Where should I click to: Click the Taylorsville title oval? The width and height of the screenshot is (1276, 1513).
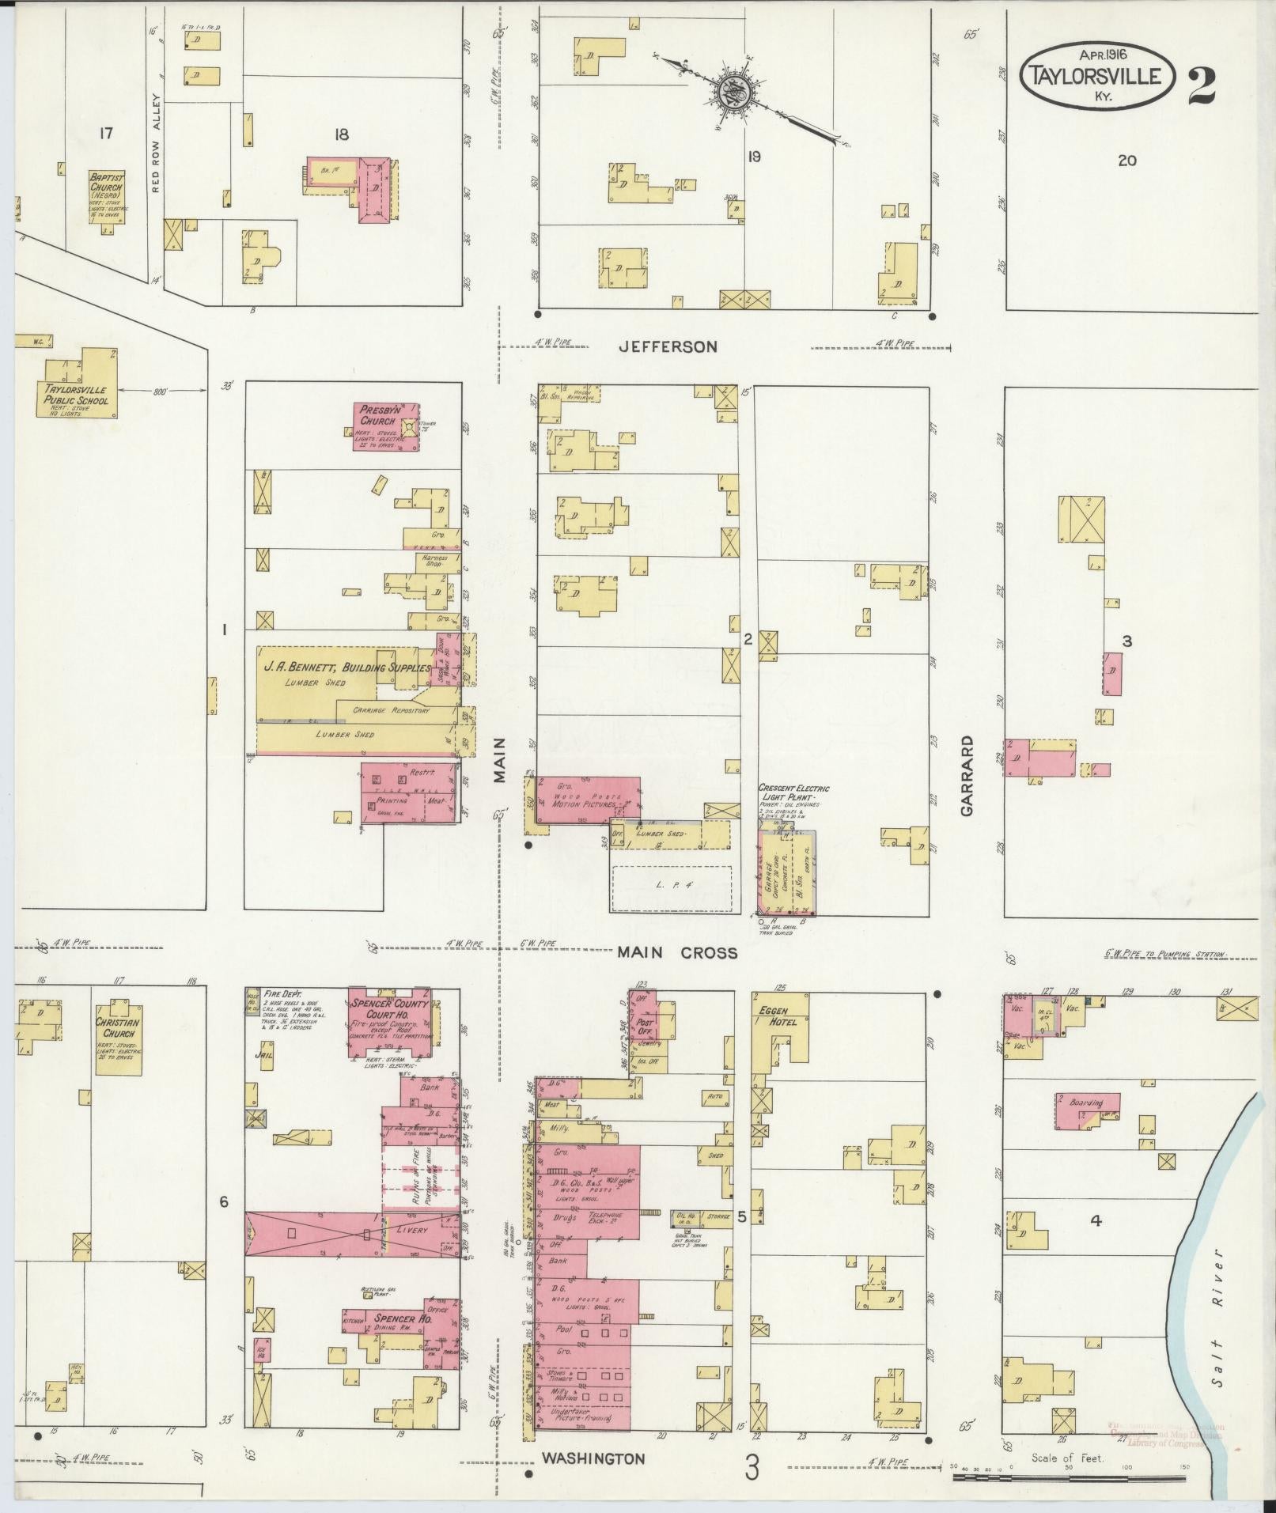[x=1096, y=76]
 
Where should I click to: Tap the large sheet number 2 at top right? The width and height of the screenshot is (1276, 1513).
[x=1202, y=85]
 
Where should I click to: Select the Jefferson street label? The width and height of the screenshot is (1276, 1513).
[x=668, y=346]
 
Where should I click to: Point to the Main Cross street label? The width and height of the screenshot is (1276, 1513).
[x=678, y=953]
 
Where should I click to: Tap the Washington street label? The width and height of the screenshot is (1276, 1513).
[x=593, y=1458]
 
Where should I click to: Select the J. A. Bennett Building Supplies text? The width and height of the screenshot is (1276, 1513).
[x=346, y=668]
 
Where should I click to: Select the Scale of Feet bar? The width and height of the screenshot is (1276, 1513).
[x=1068, y=1477]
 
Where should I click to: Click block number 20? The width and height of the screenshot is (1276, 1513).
[x=1127, y=161]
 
